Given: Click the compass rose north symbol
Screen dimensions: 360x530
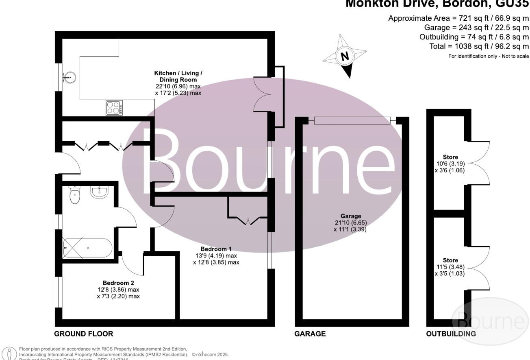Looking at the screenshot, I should pos(345,56).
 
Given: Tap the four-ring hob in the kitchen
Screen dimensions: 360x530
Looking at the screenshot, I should pos(115,107).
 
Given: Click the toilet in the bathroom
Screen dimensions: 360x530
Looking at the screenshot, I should pos(74,195).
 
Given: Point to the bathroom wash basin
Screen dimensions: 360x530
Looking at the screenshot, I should pos(99,192).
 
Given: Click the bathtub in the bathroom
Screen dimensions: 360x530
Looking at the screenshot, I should pos(87,248).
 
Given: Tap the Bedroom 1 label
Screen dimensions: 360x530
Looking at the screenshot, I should pos(216,249).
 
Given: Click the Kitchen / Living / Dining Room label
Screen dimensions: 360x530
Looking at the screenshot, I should pos(178,76).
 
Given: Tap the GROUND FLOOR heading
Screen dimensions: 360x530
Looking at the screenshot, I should pos(83,334).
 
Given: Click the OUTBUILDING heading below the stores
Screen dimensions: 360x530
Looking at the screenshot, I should pos(451,334).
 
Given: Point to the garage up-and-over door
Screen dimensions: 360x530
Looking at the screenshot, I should pos(352,120).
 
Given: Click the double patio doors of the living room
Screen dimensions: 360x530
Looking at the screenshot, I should pos(262,94).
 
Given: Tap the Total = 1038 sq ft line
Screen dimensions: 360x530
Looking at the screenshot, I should pos(479,46).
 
